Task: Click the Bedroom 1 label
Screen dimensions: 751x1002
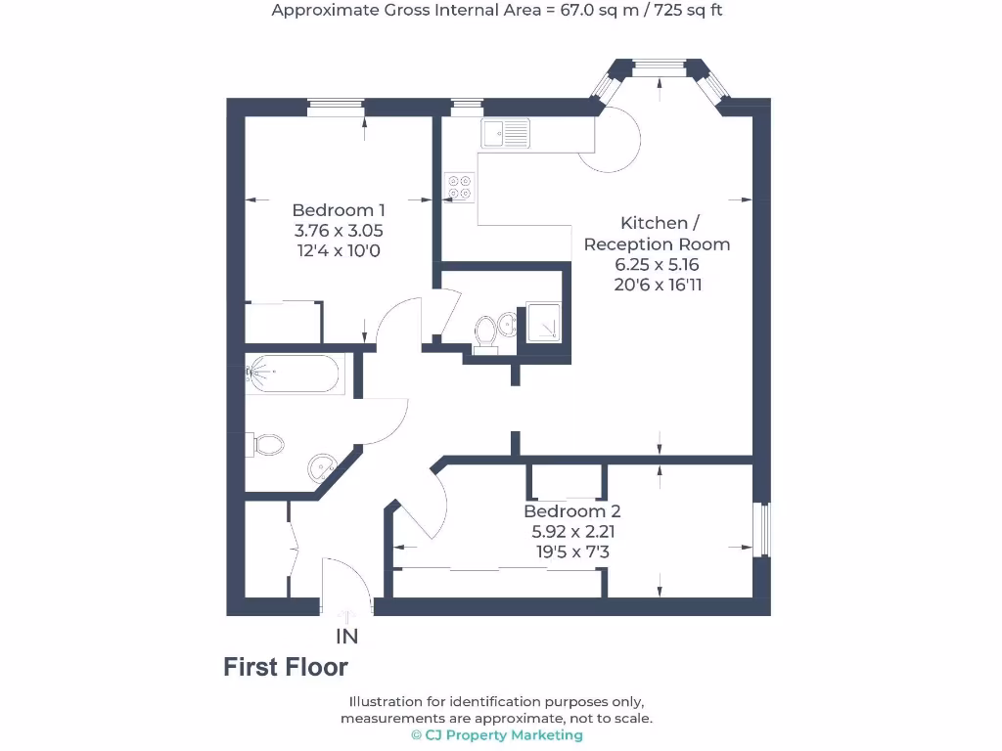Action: [339, 210]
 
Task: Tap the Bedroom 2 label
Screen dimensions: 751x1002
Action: [571, 511]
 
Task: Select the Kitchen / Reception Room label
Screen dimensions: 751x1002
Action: [657, 234]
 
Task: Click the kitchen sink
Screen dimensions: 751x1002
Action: [505, 132]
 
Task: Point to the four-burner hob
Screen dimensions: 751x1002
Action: [460, 186]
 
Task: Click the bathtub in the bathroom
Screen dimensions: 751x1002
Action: [294, 373]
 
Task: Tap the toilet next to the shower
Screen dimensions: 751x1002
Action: [485, 331]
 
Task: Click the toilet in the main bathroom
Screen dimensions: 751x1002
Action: [267, 445]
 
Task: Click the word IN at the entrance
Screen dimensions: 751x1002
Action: [347, 637]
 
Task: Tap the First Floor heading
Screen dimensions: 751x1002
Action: [286, 668]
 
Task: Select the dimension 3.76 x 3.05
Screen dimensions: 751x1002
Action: [339, 232]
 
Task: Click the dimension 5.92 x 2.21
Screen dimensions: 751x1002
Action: [571, 533]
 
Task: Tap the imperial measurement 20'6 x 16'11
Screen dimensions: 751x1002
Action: [657, 286]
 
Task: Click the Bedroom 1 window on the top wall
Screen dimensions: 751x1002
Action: [336, 107]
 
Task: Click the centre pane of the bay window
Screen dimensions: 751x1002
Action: [659, 67]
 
